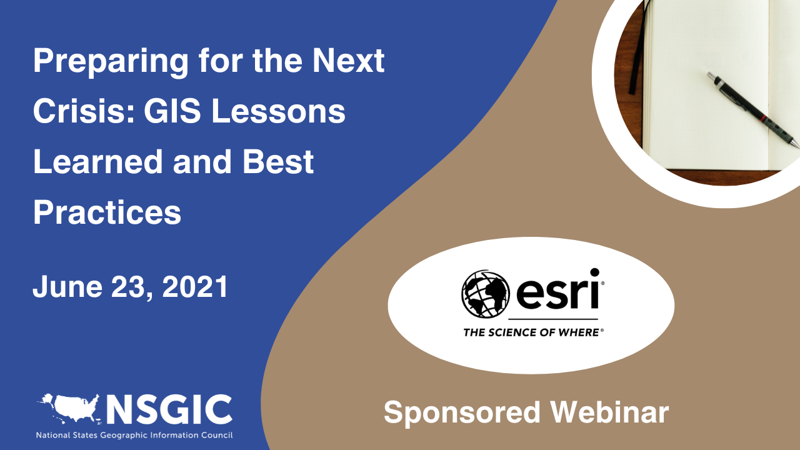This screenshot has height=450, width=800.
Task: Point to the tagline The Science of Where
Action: click(x=533, y=332)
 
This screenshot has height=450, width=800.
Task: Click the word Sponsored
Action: click(x=462, y=413)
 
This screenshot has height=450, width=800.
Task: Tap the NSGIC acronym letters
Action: click(x=169, y=409)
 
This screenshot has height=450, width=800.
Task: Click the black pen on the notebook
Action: click(x=753, y=109)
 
